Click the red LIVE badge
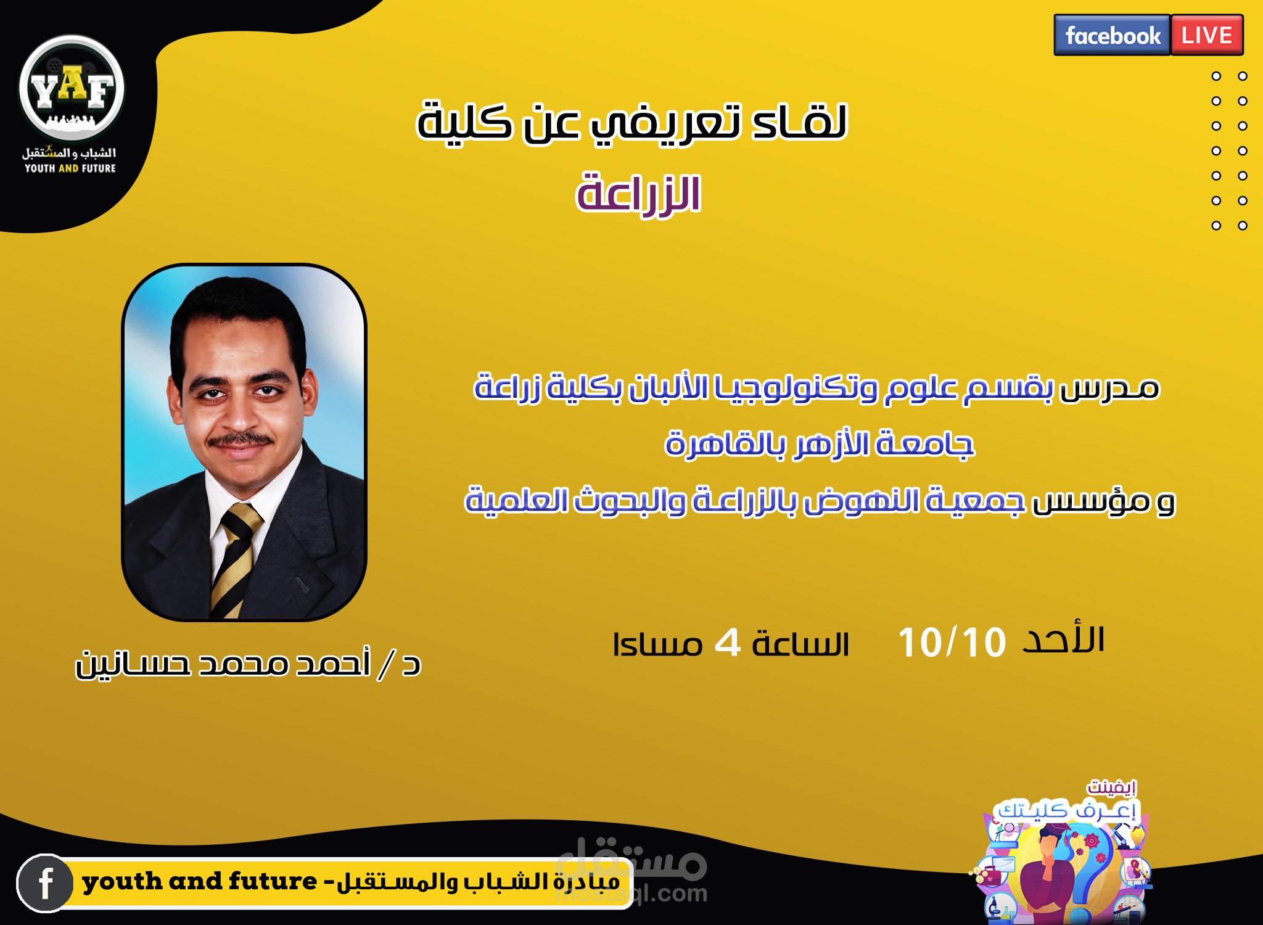coord(1207,35)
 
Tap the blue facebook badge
coord(1112,35)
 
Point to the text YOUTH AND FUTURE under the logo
coord(70,168)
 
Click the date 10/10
coord(952,643)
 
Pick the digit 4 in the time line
coord(727,644)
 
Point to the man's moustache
coord(242,440)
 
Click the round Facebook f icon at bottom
coord(45,883)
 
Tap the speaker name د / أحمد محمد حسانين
coord(248,664)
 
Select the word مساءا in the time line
coord(657,645)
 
